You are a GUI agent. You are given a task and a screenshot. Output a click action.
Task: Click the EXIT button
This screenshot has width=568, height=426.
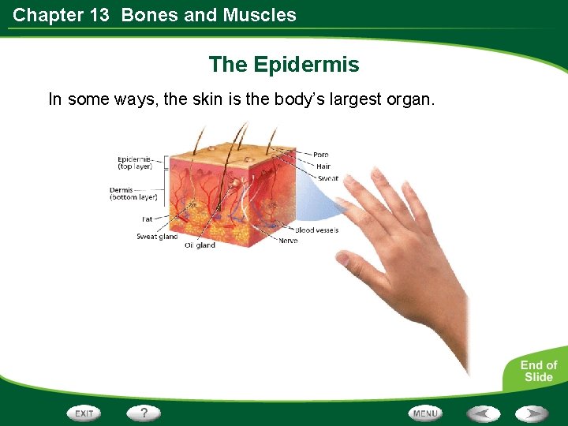point(84,413)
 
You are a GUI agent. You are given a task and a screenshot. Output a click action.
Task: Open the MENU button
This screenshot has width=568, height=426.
point(425,413)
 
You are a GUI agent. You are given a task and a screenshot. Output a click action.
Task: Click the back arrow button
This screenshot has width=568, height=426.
point(482,413)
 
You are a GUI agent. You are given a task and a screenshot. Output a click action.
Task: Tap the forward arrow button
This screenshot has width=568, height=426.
point(532,413)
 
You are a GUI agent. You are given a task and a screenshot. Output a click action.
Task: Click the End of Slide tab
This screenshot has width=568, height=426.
point(538,371)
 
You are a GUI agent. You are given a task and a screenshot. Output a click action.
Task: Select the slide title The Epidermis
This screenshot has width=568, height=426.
point(284,65)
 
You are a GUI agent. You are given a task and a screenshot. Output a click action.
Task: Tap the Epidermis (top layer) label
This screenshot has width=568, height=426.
point(136,163)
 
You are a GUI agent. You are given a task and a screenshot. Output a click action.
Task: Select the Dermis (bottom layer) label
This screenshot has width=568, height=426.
point(133,193)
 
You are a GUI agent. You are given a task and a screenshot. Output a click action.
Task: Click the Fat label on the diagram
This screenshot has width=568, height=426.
point(147,219)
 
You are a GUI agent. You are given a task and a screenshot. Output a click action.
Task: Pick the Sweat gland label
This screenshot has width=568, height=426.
point(157,236)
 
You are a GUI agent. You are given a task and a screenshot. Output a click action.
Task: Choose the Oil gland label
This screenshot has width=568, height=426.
point(200,245)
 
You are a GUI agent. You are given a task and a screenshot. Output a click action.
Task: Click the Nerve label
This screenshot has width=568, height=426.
point(288,241)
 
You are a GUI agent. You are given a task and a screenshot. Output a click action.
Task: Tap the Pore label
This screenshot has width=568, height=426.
point(320,155)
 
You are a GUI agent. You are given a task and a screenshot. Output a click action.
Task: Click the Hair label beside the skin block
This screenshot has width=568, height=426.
point(323,166)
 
